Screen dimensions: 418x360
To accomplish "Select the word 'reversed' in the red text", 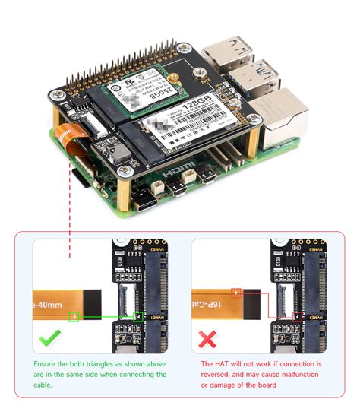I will click(x=221, y=375).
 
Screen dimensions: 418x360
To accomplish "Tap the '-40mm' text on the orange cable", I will click(x=47, y=302).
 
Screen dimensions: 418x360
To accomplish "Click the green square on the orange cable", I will click(x=74, y=315).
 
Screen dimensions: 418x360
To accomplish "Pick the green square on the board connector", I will click(x=137, y=315).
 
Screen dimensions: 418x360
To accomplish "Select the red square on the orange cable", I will click(x=237, y=292).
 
